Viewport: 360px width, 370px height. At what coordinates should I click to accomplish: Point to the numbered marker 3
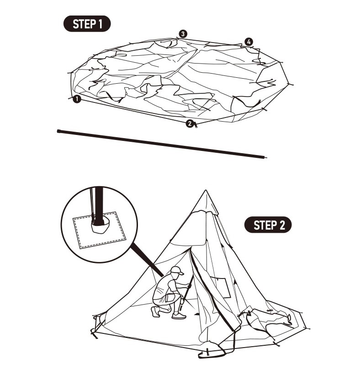tap(183, 34)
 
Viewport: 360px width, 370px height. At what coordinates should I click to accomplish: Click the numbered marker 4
tap(248, 42)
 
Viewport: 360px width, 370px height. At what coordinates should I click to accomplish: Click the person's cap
tap(177, 270)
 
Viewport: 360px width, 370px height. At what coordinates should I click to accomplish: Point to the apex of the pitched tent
tap(206, 191)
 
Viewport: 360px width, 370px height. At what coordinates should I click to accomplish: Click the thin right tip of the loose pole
tap(265, 158)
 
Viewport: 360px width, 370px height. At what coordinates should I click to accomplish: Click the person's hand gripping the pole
tap(189, 286)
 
